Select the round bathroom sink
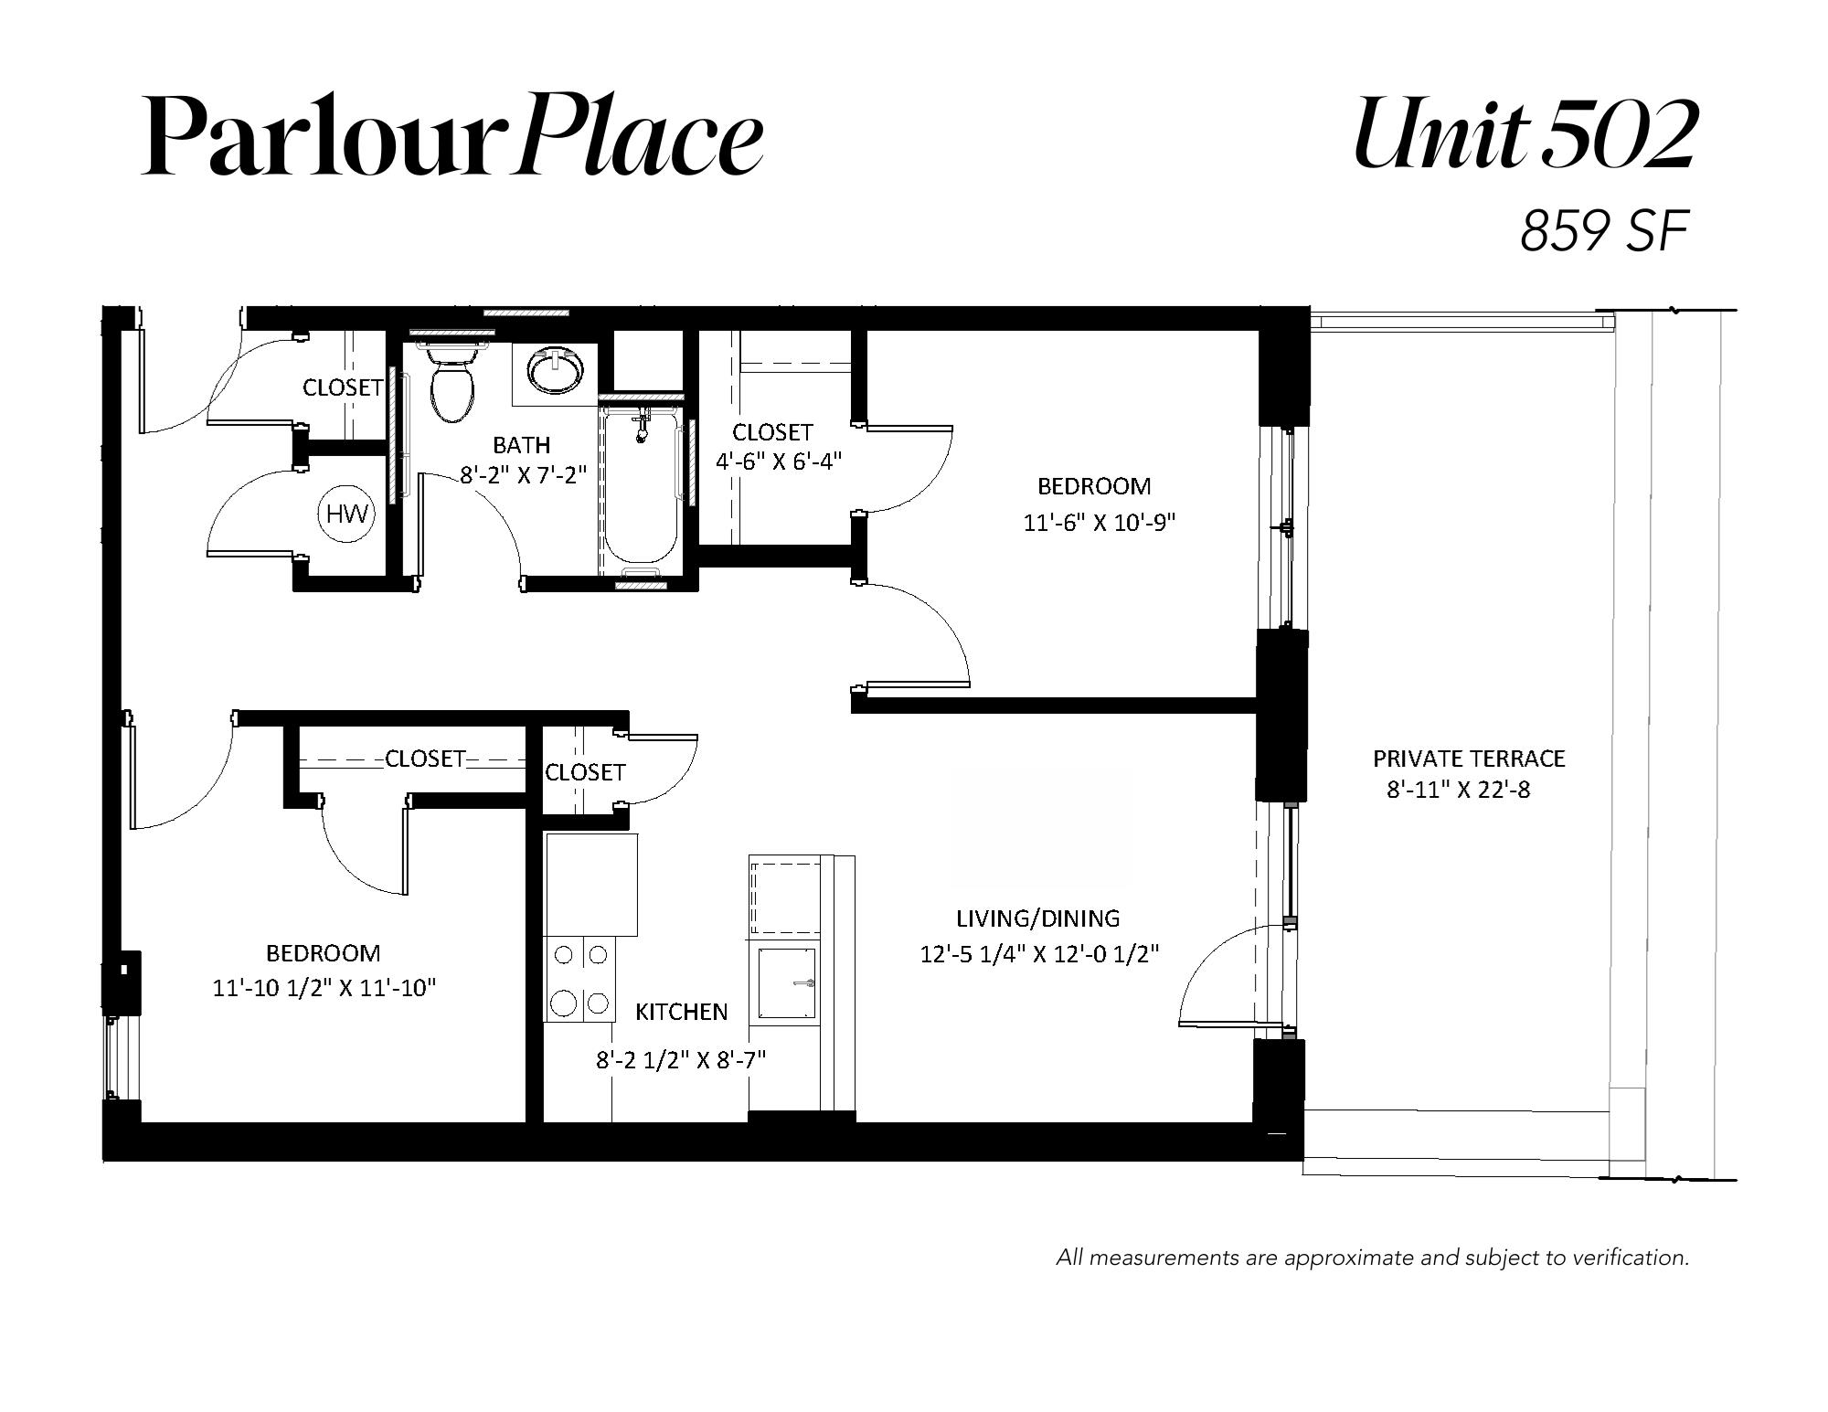[555, 372]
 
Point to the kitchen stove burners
[580, 979]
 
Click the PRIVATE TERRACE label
[1469, 759]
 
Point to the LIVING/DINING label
[1037, 918]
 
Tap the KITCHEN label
[682, 1012]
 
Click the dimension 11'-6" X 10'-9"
[1099, 523]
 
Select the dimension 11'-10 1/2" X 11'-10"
[324, 988]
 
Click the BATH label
[522, 445]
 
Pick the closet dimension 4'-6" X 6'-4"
[778, 462]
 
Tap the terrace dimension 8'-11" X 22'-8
[1459, 790]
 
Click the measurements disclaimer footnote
[1373, 1258]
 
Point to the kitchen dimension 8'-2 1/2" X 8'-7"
[681, 1060]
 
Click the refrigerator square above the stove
[591, 885]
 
